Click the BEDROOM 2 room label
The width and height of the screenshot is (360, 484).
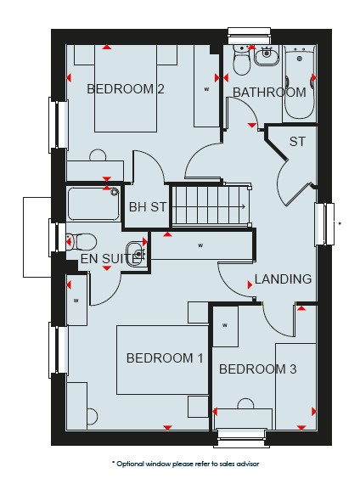(x=126, y=89)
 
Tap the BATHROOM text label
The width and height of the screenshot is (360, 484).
(x=269, y=93)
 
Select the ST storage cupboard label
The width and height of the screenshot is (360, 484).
(x=297, y=141)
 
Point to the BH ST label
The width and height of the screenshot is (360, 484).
(x=148, y=207)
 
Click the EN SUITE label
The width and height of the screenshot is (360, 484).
(x=109, y=259)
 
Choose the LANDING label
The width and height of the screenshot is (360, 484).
(x=283, y=279)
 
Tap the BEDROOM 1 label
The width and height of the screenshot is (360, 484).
(x=165, y=358)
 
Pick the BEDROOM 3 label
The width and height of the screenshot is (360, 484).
(x=258, y=369)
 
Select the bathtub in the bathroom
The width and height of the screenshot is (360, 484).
(x=300, y=82)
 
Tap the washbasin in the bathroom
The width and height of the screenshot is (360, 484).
(x=266, y=56)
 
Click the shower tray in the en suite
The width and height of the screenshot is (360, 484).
(x=94, y=204)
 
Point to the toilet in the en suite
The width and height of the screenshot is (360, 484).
(x=82, y=242)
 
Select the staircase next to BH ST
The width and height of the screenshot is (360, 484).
(x=211, y=205)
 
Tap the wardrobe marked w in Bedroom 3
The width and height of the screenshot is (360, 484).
(x=225, y=326)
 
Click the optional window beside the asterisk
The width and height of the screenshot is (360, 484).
(x=324, y=224)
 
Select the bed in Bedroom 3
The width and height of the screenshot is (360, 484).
(x=295, y=386)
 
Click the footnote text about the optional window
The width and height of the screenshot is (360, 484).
(x=185, y=464)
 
